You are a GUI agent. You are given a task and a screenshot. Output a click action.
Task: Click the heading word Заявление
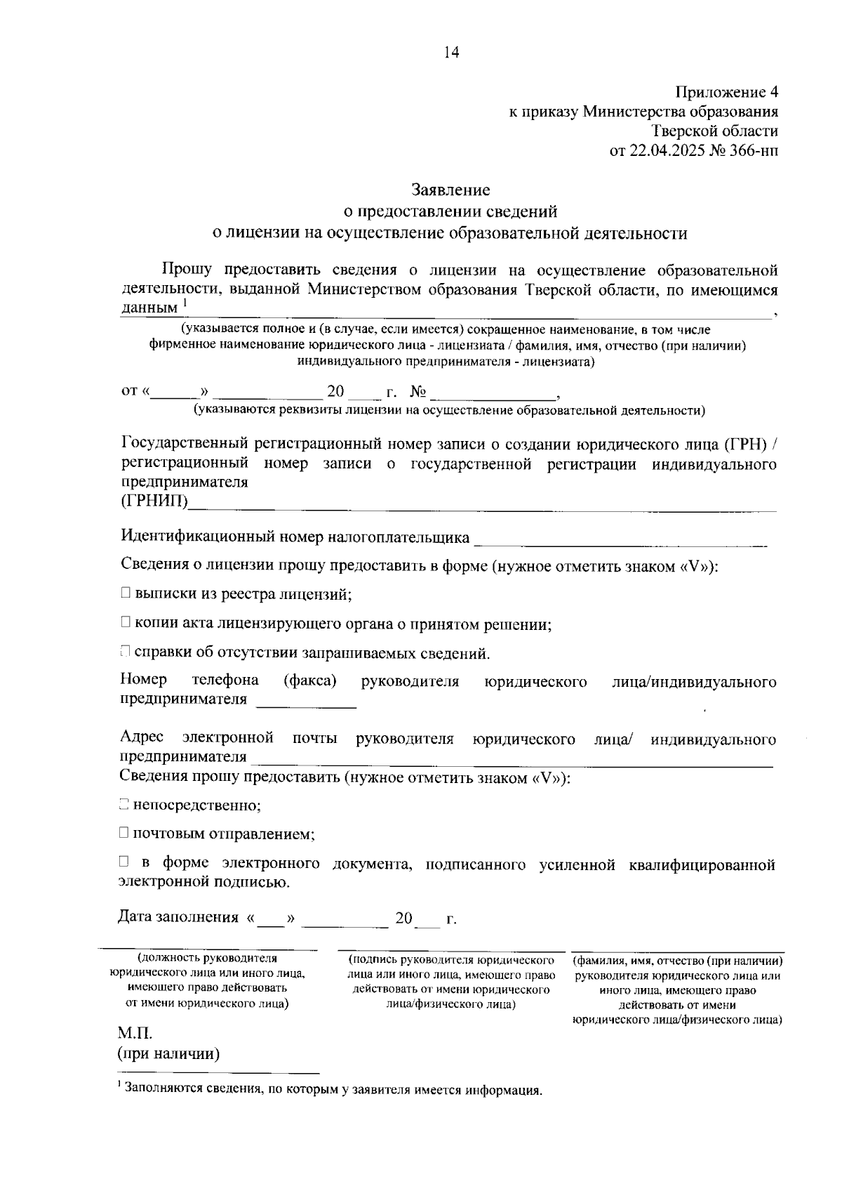pos(450,190)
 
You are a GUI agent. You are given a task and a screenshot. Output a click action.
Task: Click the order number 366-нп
pos(752,150)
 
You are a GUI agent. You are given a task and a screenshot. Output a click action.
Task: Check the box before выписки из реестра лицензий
pos(125,594)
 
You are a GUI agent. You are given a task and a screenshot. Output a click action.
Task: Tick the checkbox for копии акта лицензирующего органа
pos(125,623)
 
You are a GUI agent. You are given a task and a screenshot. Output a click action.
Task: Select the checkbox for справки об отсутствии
pos(125,652)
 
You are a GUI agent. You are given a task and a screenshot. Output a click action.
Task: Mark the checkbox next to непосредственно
pos(124,805)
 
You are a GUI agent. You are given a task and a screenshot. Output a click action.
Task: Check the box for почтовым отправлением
pos(124,834)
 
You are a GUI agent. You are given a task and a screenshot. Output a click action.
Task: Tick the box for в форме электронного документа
pos(124,863)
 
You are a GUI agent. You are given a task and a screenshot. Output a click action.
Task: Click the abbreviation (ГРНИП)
pos(154,501)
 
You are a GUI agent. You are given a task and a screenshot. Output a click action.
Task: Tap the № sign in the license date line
pos(418,391)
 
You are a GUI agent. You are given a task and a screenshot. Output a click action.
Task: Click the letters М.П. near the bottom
pos(135,1034)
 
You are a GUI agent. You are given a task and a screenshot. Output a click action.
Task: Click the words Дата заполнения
pos(178,918)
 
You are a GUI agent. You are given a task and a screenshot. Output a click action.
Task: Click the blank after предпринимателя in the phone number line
pos(307,701)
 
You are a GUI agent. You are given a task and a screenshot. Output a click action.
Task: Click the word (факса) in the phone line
pos(310,680)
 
